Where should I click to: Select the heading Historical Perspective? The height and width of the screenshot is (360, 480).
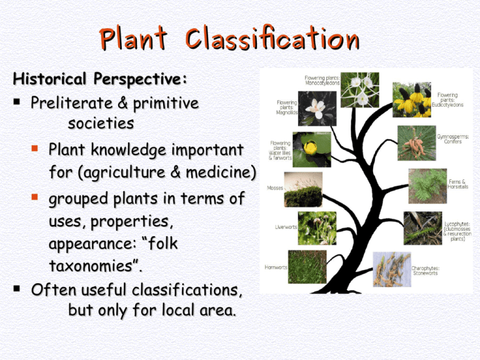pyautogui.click(x=100, y=79)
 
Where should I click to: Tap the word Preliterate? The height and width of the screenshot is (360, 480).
pyautogui.click(x=72, y=103)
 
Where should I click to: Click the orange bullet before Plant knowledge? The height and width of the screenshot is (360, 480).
pyautogui.click(x=34, y=149)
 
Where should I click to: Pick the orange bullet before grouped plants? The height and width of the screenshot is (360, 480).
pyautogui.click(x=34, y=196)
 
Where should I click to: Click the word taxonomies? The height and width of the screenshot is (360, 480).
pyautogui.click(x=92, y=266)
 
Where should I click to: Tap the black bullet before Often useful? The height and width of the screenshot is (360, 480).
pyautogui.click(x=17, y=288)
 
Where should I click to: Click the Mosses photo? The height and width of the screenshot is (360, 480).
pyautogui.click(x=303, y=189)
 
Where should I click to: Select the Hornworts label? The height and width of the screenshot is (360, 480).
pyautogui.click(x=276, y=267)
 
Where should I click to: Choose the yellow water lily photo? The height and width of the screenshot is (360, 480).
pyautogui.click(x=312, y=150)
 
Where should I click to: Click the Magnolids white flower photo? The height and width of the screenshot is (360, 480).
pyautogui.click(x=317, y=109)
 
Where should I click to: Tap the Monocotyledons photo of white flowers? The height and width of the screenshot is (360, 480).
pyautogui.click(x=360, y=90)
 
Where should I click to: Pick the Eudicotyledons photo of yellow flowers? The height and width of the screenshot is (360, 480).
pyautogui.click(x=412, y=100)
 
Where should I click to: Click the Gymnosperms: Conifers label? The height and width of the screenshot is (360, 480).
pyautogui.click(x=452, y=139)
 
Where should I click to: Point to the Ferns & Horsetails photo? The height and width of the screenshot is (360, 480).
pyautogui.click(x=427, y=186)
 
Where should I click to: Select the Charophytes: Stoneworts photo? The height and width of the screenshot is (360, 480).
pyautogui.click(x=392, y=269)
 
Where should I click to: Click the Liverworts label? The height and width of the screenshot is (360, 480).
pyautogui.click(x=286, y=227)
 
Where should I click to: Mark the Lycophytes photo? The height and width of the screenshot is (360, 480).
pyautogui.click(x=422, y=228)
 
